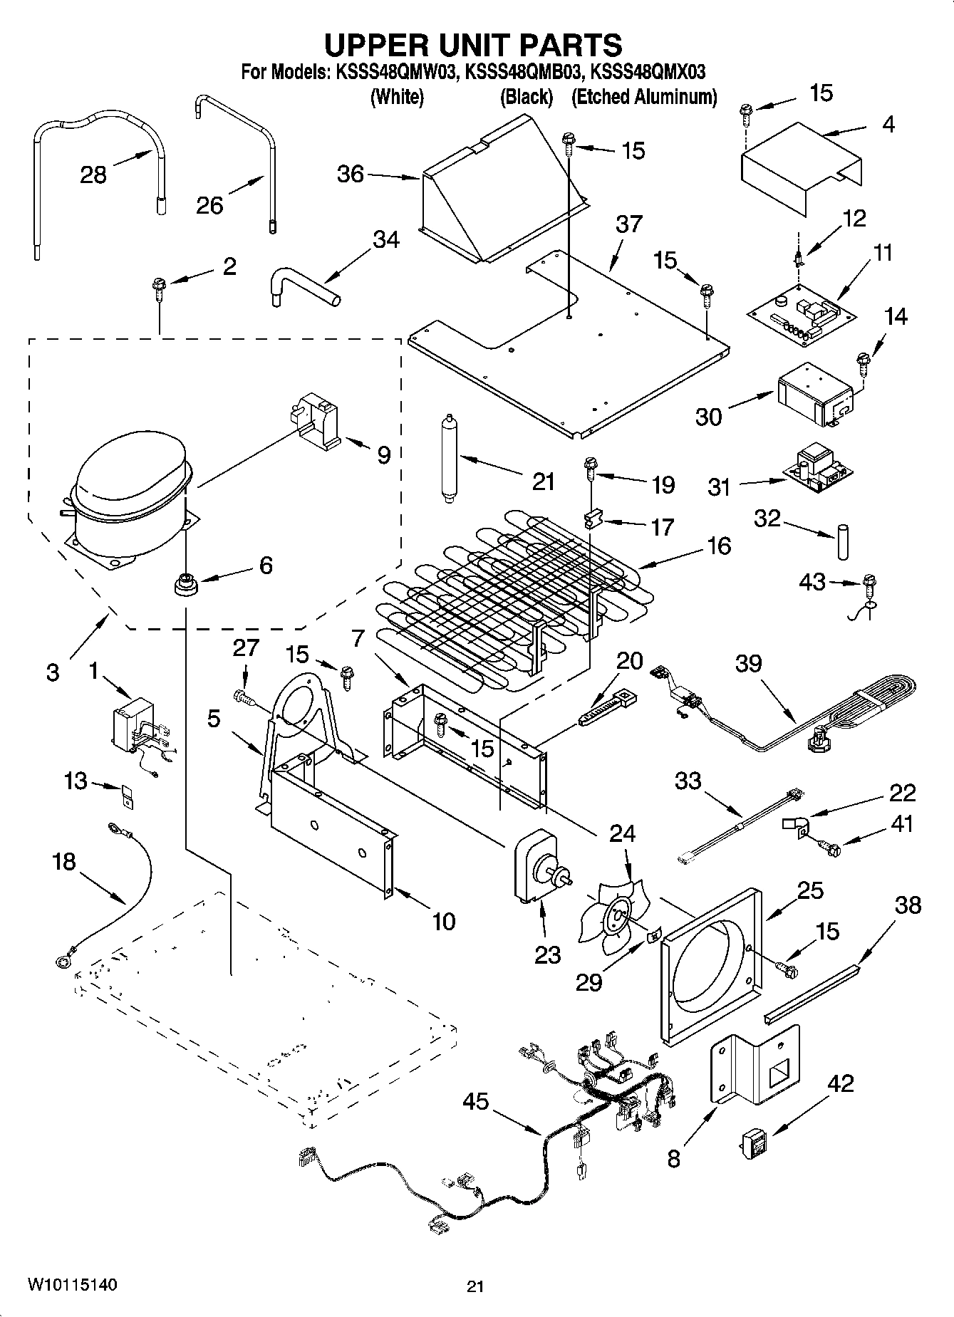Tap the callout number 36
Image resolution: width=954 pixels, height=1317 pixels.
(x=351, y=174)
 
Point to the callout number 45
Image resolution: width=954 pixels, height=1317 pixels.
(x=475, y=1101)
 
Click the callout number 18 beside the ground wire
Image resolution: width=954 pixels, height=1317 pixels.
(x=64, y=861)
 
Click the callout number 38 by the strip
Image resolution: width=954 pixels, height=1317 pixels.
(x=908, y=905)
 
